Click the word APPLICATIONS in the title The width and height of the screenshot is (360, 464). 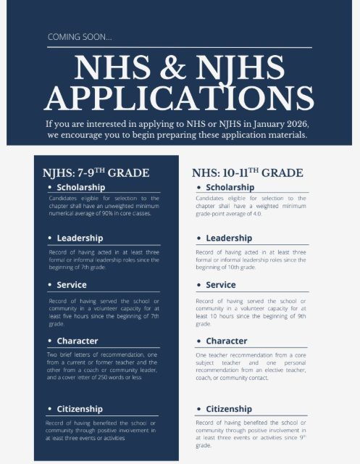(179, 97)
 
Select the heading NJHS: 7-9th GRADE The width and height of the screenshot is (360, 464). (96, 173)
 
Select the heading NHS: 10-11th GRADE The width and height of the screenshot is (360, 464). (247, 173)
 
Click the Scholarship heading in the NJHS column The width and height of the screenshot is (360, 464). (81, 187)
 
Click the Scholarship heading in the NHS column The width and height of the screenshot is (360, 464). (230, 187)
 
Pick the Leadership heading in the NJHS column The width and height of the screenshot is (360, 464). (80, 238)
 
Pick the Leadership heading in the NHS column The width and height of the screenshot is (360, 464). (229, 238)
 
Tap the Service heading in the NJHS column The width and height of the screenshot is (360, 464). (72, 285)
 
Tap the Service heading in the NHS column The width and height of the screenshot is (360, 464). (221, 285)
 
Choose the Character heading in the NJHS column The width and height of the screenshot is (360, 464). (78, 341)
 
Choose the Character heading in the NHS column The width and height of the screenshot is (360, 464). (227, 341)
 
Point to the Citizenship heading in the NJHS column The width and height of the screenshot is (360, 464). (80, 409)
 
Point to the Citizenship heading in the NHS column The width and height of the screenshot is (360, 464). (229, 409)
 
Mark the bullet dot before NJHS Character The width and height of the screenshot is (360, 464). (50, 341)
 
